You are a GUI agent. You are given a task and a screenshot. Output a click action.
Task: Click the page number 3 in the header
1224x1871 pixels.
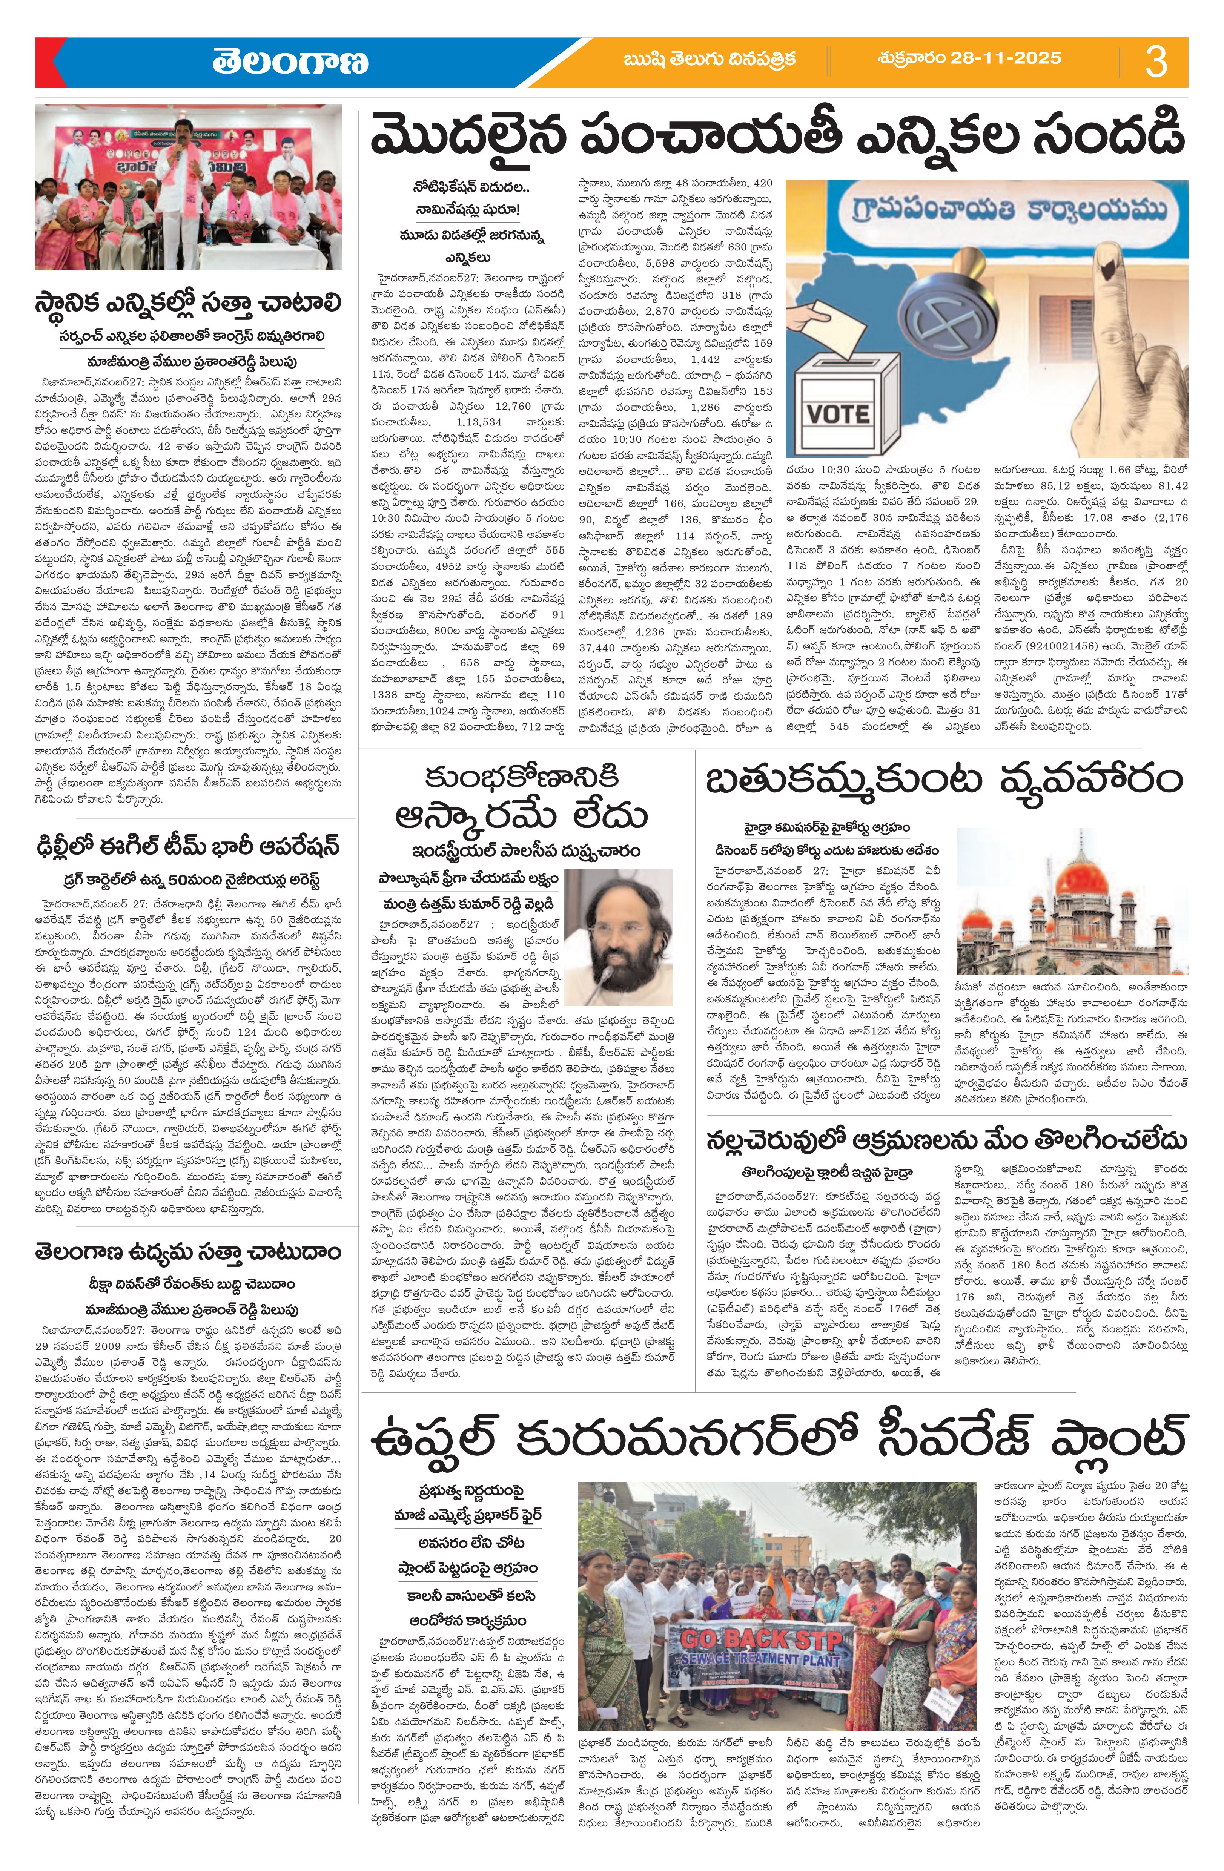[1156, 62]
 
